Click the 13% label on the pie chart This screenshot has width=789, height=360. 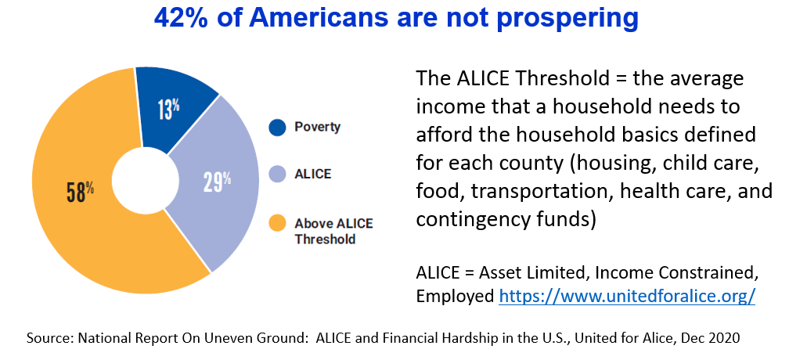tap(168, 110)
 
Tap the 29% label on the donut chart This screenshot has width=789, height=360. tap(217, 182)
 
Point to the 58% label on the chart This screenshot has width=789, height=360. tap(81, 192)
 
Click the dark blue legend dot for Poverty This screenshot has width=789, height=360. tap(277, 128)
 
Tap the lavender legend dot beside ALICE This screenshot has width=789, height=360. tap(277, 175)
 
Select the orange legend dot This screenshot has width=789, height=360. tap(277, 224)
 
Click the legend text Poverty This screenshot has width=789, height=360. tap(318, 128)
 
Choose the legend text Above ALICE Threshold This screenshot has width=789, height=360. tap(333, 231)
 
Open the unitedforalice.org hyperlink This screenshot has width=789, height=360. tap(627, 296)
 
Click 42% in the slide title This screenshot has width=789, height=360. tap(182, 18)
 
